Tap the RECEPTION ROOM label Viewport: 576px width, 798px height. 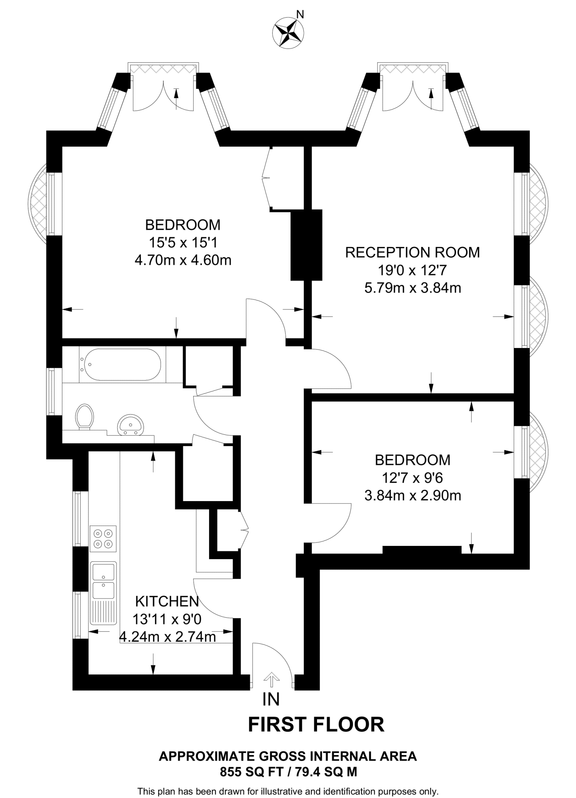(412, 252)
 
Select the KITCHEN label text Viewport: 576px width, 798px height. (167, 601)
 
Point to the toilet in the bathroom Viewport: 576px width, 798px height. (85, 417)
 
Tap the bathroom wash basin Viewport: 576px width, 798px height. (130, 425)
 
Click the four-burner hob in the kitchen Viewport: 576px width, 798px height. (103, 538)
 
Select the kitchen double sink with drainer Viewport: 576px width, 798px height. (103, 593)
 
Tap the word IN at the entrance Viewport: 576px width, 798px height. (271, 699)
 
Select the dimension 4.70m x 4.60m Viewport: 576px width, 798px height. (183, 260)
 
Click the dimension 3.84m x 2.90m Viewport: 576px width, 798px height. (413, 496)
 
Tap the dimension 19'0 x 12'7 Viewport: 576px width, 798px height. (413, 270)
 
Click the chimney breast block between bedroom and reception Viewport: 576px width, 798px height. (306, 245)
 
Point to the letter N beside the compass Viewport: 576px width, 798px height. (300, 15)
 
